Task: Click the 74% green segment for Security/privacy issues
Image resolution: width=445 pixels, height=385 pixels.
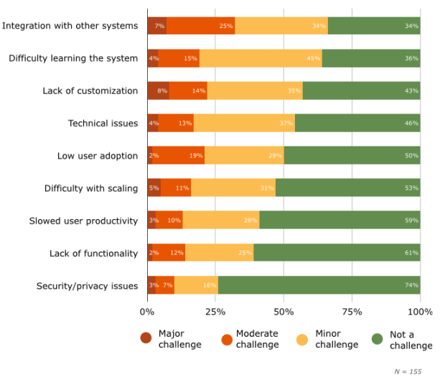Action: click(x=319, y=286)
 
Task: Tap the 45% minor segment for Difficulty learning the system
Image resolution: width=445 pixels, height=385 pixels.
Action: click(x=261, y=58)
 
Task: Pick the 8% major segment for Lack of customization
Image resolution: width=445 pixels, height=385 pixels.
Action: click(x=158, y=91)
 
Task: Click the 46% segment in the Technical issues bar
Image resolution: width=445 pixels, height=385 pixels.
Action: click(x=357, y=124)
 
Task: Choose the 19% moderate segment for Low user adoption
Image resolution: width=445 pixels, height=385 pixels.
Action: click(x=178, y=156)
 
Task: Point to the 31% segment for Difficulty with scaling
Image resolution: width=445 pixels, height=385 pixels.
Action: click(x=233, y=188)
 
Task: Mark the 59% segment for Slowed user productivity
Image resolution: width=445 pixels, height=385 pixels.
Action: click(x=339, y=221)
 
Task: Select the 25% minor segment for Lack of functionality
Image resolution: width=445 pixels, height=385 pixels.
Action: click(x=219, y=253)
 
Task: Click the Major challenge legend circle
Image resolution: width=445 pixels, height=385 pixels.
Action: click(x=146, y=338)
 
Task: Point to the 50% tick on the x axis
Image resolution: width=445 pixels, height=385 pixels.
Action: click(x=284, y=312)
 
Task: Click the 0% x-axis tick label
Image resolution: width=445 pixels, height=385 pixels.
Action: click(x=146, y=312)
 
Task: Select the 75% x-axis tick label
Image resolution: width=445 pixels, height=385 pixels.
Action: click(x=352, y=312)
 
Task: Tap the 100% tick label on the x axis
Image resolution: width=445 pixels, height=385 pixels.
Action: click(x=420, y=312)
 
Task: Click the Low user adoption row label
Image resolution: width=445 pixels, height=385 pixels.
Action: click(x=98, y=156)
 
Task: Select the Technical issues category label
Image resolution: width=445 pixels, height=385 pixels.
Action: click(x=103, y=124)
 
